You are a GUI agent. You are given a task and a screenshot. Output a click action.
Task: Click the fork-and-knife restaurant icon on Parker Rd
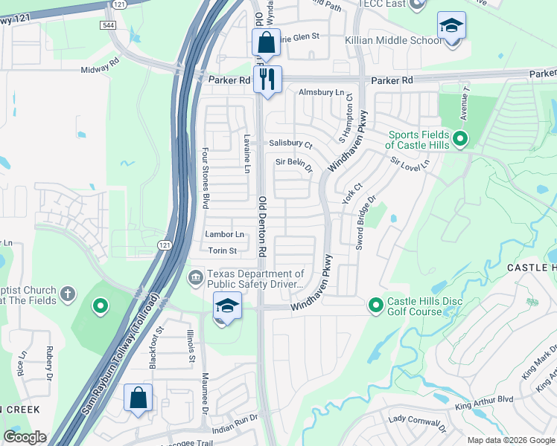[267, 79]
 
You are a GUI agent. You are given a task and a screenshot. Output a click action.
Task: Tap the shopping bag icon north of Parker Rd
[266, 42]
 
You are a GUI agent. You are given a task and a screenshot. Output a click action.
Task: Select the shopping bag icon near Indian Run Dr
[139, 398]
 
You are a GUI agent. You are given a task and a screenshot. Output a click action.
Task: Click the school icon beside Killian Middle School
[451, 27]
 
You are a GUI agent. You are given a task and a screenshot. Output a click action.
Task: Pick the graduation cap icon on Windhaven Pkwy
[227, 306]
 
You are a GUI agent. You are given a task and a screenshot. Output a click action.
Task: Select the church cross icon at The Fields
[68, 294]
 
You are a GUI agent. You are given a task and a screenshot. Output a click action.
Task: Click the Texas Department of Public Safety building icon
[195, 278]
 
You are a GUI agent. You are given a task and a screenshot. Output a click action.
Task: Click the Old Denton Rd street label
[262, 227]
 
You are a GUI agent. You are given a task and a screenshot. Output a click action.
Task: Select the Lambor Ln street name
[225, 234]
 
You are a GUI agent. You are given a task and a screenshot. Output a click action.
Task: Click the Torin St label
[222, 251]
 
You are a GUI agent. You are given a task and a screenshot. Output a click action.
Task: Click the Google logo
[25, 437]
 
